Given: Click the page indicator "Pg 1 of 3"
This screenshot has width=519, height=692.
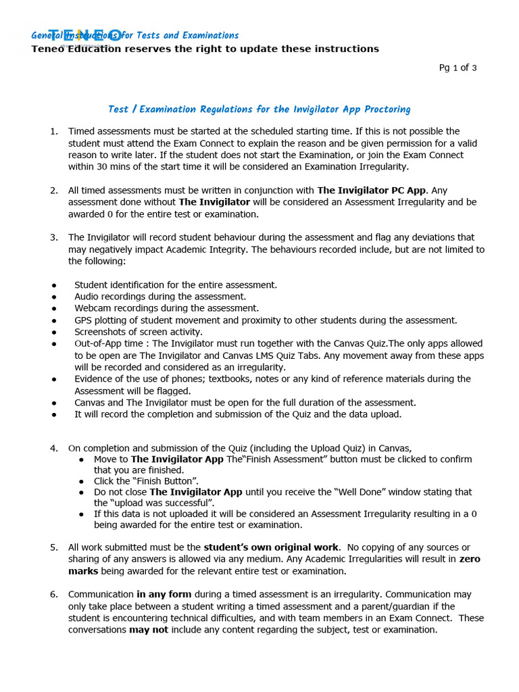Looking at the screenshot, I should click(x=458, y=68).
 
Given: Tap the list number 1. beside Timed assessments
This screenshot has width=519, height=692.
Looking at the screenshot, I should click(x=53, y=131).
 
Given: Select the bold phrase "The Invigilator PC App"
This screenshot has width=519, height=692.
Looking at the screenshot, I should click(x=372, y=190).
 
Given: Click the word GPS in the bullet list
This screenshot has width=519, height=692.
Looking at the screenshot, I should click(x=84, y=320).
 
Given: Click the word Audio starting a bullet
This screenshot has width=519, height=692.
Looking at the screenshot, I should click(x=88, y=297).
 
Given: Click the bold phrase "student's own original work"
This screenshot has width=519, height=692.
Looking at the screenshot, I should click(x=271, y=547).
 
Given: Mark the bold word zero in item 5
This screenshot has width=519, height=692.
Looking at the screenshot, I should click(x=470, y=560).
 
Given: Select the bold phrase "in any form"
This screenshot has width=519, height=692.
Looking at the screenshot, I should click(x=164, y=595).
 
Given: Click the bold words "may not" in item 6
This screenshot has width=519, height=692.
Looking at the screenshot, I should click(x=149, y=630).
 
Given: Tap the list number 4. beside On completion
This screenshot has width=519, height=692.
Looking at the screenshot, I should click(x=53, y=448).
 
